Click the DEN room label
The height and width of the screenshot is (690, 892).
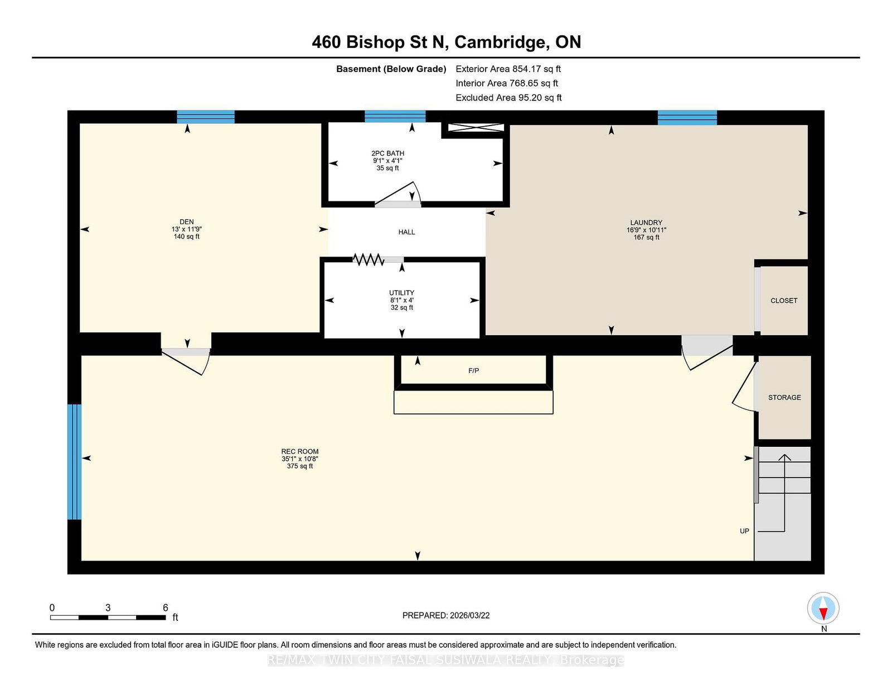tap(186, 222)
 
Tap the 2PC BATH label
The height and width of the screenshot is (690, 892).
tap(387, 153)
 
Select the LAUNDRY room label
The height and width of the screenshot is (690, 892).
tap(646, 223)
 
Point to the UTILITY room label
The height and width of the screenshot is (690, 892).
tap(401, 293)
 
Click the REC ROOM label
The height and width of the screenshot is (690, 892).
tap(300, 451)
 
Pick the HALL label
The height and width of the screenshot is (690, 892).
tap(406, 232)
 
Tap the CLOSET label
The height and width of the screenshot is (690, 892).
tap(784, 301)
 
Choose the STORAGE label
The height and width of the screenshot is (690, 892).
tap(784, 397)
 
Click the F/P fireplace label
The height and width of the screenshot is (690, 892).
tap(473, 370)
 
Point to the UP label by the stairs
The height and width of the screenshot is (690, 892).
tap(744, 530)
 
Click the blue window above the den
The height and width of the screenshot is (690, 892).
tap(206, 117)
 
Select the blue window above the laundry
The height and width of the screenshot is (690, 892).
tap(687, 118)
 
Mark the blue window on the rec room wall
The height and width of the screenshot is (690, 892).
tap(74, 462)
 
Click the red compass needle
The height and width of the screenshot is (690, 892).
tap(823, 614)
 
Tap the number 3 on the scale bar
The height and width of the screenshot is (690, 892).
tap(108, 607)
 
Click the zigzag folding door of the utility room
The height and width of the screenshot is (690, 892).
tap(368, 259)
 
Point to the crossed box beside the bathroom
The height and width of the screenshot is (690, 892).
tap(476, 128)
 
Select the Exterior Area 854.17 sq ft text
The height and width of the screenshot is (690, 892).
tap(508, 69)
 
